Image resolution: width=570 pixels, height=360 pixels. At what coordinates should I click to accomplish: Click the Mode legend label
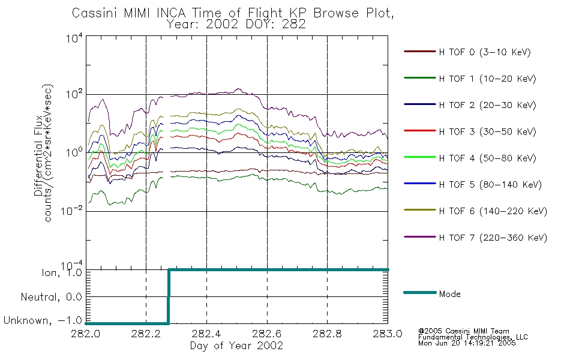[x=449, y=294]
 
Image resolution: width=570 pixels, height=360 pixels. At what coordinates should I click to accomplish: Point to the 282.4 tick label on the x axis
[x=206, y=334]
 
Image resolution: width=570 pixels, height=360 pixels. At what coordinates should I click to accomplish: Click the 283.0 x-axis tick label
[x=388, y=334]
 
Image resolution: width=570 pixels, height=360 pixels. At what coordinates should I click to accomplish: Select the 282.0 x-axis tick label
[x=85, y=334]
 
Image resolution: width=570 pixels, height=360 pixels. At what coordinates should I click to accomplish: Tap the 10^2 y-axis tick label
[x=74, y=94]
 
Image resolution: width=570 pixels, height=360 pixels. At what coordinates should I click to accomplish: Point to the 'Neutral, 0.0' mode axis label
[x=51, y=297]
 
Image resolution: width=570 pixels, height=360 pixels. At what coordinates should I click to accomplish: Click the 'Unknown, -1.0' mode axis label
[x=43, y=320]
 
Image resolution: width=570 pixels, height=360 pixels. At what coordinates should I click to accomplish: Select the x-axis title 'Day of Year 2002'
[x=236, y=346]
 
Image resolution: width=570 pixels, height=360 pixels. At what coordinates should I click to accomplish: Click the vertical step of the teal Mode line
[x=169, y=296]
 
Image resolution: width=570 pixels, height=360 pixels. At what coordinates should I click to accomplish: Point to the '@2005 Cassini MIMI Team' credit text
[x=463, y=331]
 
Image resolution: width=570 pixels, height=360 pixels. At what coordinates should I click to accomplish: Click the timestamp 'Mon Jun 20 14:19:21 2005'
[x=467, y=343]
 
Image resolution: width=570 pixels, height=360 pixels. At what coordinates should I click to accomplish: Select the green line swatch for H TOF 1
[x=419, y=78]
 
